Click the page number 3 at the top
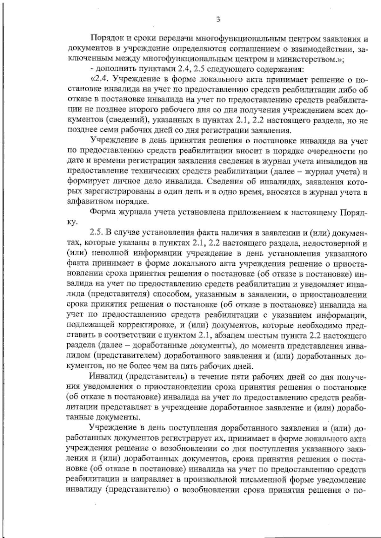(x=218, y=20)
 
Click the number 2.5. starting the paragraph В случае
(x=97, y=233)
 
